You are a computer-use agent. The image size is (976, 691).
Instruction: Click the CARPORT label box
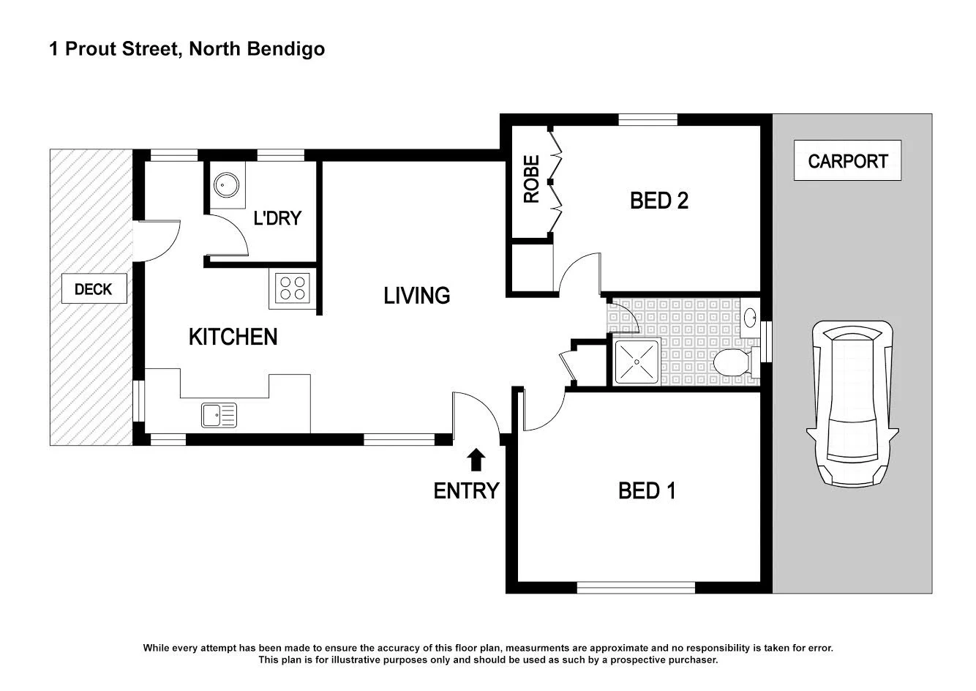pyautogui.click(x=847, y=160)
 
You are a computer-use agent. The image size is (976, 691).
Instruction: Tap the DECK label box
pyautogui.click(x=94, y=289)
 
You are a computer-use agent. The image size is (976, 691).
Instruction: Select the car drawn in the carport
pyautogui.click(x=849, y=403)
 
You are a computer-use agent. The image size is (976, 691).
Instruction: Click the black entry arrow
pyautogui.click(x=476, y=460)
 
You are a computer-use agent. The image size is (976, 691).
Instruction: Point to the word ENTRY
pyautogui.click(x=466, y=490)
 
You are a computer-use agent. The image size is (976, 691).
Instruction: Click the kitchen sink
pyautogui.click(x=219, y=415)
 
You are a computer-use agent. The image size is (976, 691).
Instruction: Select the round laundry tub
pyautogui.click(x=225, y=185)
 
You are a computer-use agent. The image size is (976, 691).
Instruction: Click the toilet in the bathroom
pyautogui.click(x=732, y=362)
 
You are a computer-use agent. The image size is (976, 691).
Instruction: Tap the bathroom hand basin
pyautogui.click(x=751, y=318)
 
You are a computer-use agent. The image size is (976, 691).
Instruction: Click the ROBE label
pyautogui.click(x=531, y=179)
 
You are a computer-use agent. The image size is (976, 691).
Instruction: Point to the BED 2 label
pyautogui.click(x=658, y=201)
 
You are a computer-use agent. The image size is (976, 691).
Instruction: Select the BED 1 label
pyautogui.click(x=647, y=490)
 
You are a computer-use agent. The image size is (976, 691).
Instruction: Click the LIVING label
pyautogui.click(x=416, y=296)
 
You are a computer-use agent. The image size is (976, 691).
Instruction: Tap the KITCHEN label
pyautogui.click(x=233, y=337)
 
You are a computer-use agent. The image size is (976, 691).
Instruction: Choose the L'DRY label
pyautogui.click(x=277, y=217)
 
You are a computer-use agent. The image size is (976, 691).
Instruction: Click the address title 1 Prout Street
pyautogui.click(x=187, y=49)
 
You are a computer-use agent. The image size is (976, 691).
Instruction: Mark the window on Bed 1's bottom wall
pyautogui.click(x=636, y=587)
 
